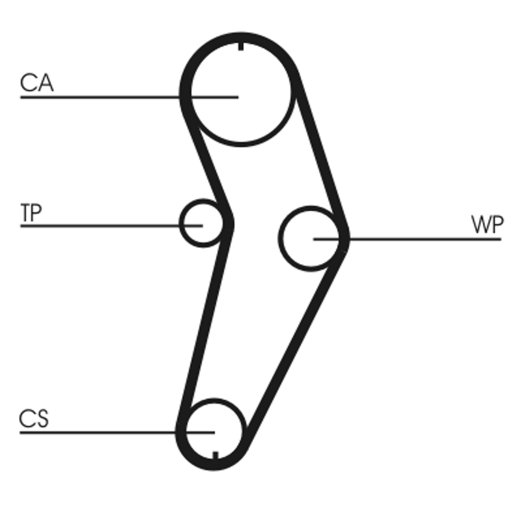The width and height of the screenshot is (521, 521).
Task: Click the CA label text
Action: click(36, 84)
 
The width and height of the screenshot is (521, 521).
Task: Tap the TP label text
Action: click(31, 213)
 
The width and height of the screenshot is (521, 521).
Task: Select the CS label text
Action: click(34, 419)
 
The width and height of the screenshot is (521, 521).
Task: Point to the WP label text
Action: click(487, 225)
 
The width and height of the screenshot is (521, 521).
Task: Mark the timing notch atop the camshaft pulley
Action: click(241, 46)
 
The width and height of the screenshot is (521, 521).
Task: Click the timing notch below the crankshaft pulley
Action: click(215, 455)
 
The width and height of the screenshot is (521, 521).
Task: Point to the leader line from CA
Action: click(98, 97)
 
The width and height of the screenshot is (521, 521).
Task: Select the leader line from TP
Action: click(98, 225)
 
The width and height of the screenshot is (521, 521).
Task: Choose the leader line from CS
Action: click(98, 432)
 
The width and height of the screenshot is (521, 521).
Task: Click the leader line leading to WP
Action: click(423, 239)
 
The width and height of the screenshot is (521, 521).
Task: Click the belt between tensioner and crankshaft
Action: click(205, 319)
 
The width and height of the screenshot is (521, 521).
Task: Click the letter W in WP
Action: click(480, 225)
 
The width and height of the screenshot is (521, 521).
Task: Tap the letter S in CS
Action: click(41, 419)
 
